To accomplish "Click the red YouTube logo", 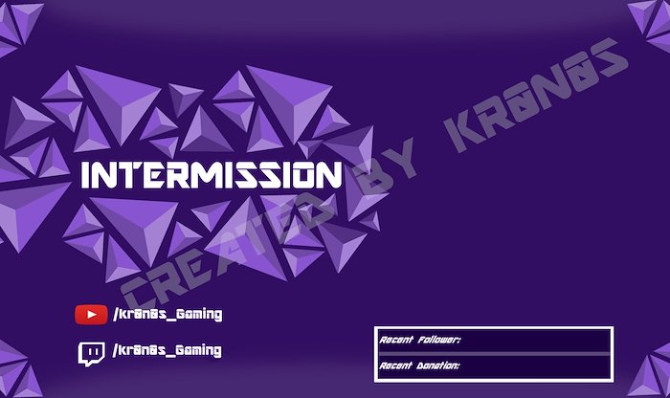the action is (x=91, y=315).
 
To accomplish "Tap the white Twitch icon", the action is (x=91, y=354).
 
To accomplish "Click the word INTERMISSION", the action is (x=212, y=175).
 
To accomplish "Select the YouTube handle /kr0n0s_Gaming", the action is (x=167, y=315).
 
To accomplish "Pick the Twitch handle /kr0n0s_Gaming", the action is (x=167, y=350).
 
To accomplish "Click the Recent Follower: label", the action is (x=420, y=340).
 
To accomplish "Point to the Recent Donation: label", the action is (x=419, y=365).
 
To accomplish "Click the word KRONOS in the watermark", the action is (x=536, y=95).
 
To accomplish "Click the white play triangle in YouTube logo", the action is (x=92, y=315).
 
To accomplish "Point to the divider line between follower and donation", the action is (x=495, y=354).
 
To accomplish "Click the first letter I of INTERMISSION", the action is (x=86, y=175).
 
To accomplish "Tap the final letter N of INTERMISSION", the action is (x=331, y=175).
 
